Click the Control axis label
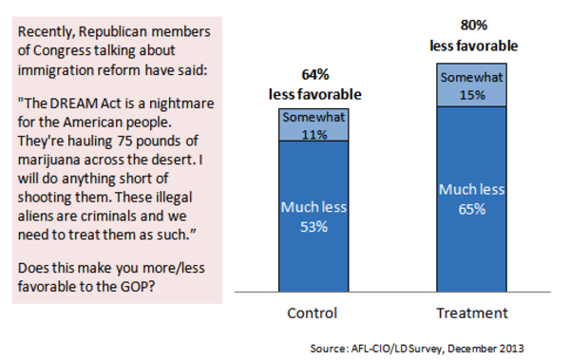313,313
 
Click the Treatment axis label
472,313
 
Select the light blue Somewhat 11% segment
313,124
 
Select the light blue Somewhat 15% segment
471,85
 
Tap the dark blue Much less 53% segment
313,217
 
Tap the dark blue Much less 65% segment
471,199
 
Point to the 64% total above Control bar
315,74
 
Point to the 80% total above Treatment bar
474,25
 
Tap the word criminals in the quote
108,217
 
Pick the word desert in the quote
171,160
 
